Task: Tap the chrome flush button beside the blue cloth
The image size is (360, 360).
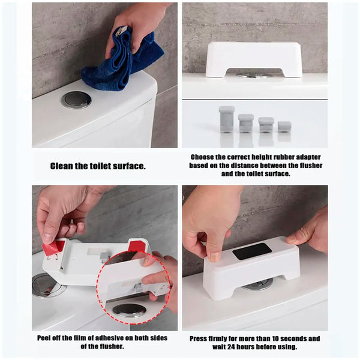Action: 76,100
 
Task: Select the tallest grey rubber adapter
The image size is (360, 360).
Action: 226,118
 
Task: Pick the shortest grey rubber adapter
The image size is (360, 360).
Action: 284,127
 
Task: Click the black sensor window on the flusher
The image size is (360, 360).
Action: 252,251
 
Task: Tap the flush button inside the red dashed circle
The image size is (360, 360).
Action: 129,310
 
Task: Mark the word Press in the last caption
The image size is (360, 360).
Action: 200,338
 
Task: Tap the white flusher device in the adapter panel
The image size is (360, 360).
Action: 254,58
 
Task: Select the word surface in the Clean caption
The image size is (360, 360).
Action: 130,166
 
